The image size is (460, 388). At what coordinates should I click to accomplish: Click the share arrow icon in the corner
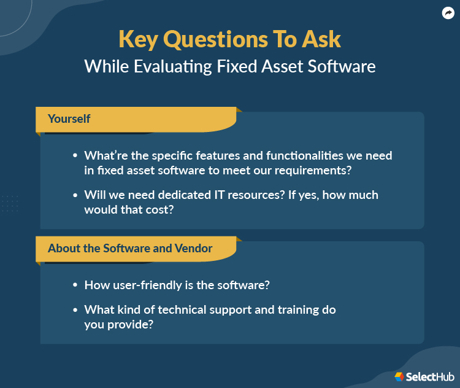pyautogui.click(x=447, y=13)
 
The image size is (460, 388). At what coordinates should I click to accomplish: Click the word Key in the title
pyautogui.click(x=137, y=39)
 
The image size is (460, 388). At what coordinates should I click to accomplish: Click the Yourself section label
pyautogui.click(x=69, y=118)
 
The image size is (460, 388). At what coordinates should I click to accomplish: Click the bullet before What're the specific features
pyautogui.click(x=75, y=156)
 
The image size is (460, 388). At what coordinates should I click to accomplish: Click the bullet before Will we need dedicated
pyautogui.click(x=75, y=195)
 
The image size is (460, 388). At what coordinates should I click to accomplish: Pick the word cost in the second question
pyautogui.click(x=161, y=210)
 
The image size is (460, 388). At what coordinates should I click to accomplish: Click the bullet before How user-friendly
pyautogui.click(x=75, y=285)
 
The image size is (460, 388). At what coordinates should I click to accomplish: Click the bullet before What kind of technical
pyautogui.click(x=75, y=310)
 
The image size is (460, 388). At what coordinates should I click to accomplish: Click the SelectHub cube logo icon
pyautogui.click(x=399, y=376)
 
